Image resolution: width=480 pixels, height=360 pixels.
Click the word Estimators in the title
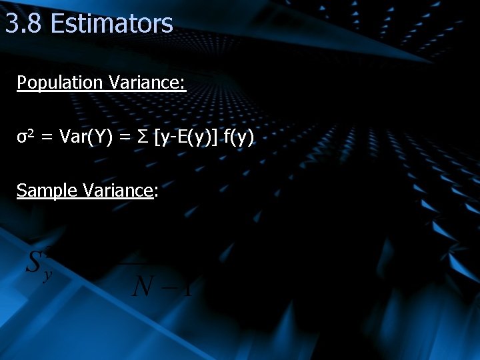pos(111,23)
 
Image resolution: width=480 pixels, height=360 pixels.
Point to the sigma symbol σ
pos(21,138)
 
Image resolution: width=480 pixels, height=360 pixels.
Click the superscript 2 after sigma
pos(31,135)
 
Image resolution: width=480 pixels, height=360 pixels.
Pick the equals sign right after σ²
pos(47,138)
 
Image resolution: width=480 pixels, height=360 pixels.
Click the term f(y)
pos(239,138)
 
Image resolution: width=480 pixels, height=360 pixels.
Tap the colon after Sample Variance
pos(156,192)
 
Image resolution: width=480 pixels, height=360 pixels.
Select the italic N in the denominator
pos(143,287)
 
